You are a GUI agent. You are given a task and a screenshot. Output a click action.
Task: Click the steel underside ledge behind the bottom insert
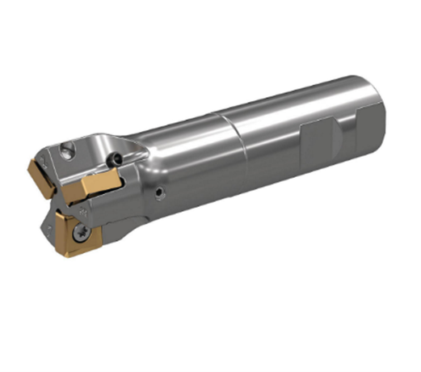(113, 235)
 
